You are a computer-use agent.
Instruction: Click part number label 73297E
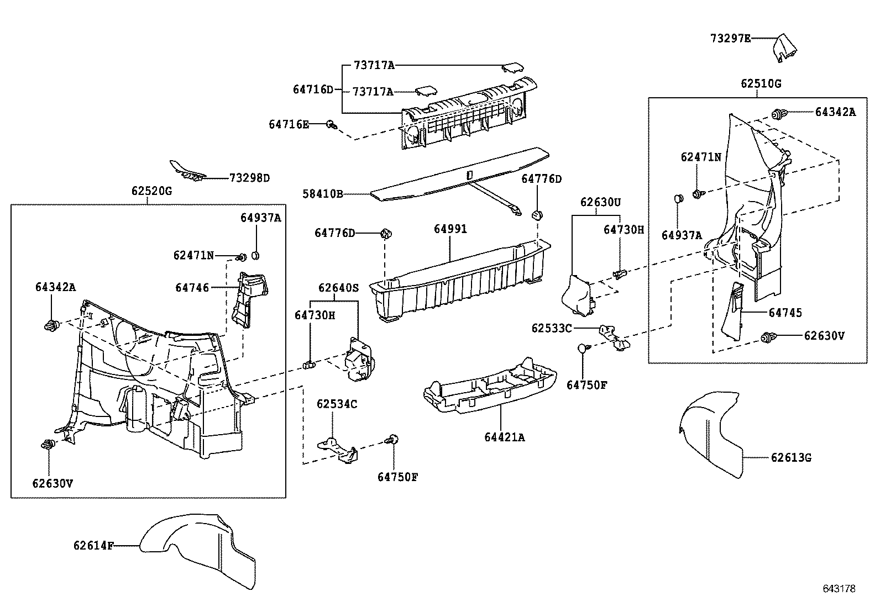click(x=730, y=39)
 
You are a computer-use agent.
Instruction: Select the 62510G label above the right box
click(x=761, y=83)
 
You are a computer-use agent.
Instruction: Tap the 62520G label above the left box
click(x=151, y=191)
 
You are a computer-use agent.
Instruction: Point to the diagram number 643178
click(x=839, y=589)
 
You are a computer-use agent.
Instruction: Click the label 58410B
click(x=322, y=194)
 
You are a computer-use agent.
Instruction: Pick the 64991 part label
click(x=450, y=229)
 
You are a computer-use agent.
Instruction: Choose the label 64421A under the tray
click(x=505, y=437)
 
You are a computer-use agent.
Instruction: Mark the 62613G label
click(x=791, y=458)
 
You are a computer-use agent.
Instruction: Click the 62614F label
click(x=93, y=546)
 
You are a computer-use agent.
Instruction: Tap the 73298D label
click(x=250, y=178)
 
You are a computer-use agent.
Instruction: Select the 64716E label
click(x=289, y=124)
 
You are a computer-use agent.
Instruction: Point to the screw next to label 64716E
click(x=332, y=125)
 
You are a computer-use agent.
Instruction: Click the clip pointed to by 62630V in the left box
click(x=48, y=445)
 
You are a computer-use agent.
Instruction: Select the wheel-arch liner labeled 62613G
click(x=711, y=432)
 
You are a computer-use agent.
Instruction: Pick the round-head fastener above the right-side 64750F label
click(x=584, y=348)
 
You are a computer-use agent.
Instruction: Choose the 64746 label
click(x=192, y=288)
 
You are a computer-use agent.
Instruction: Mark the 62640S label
click(x=339, y=288)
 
